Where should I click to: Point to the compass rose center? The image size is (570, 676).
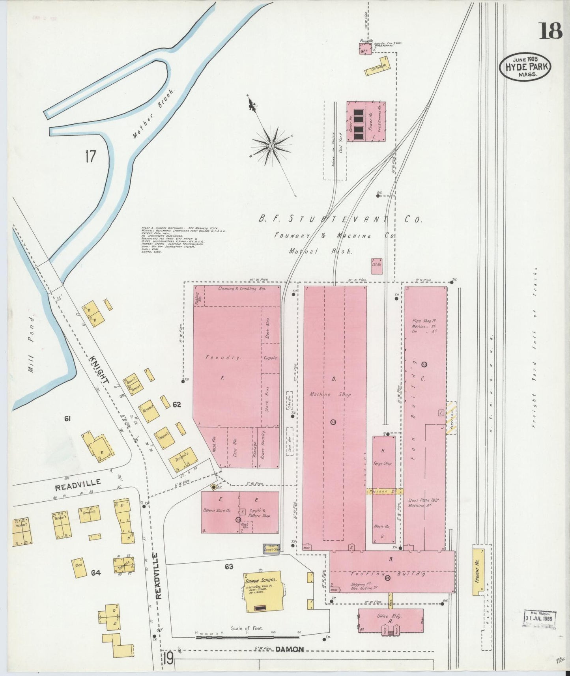pos(271,146)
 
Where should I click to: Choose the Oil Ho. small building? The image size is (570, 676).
pos(377,266)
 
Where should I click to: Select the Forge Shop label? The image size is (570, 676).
pos(383,463)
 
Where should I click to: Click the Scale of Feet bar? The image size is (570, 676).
pos(247,637)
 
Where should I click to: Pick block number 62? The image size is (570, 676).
pos(176,405)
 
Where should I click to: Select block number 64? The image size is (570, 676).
pos(96,572)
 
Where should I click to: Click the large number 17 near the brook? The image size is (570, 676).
pos(90,156)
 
